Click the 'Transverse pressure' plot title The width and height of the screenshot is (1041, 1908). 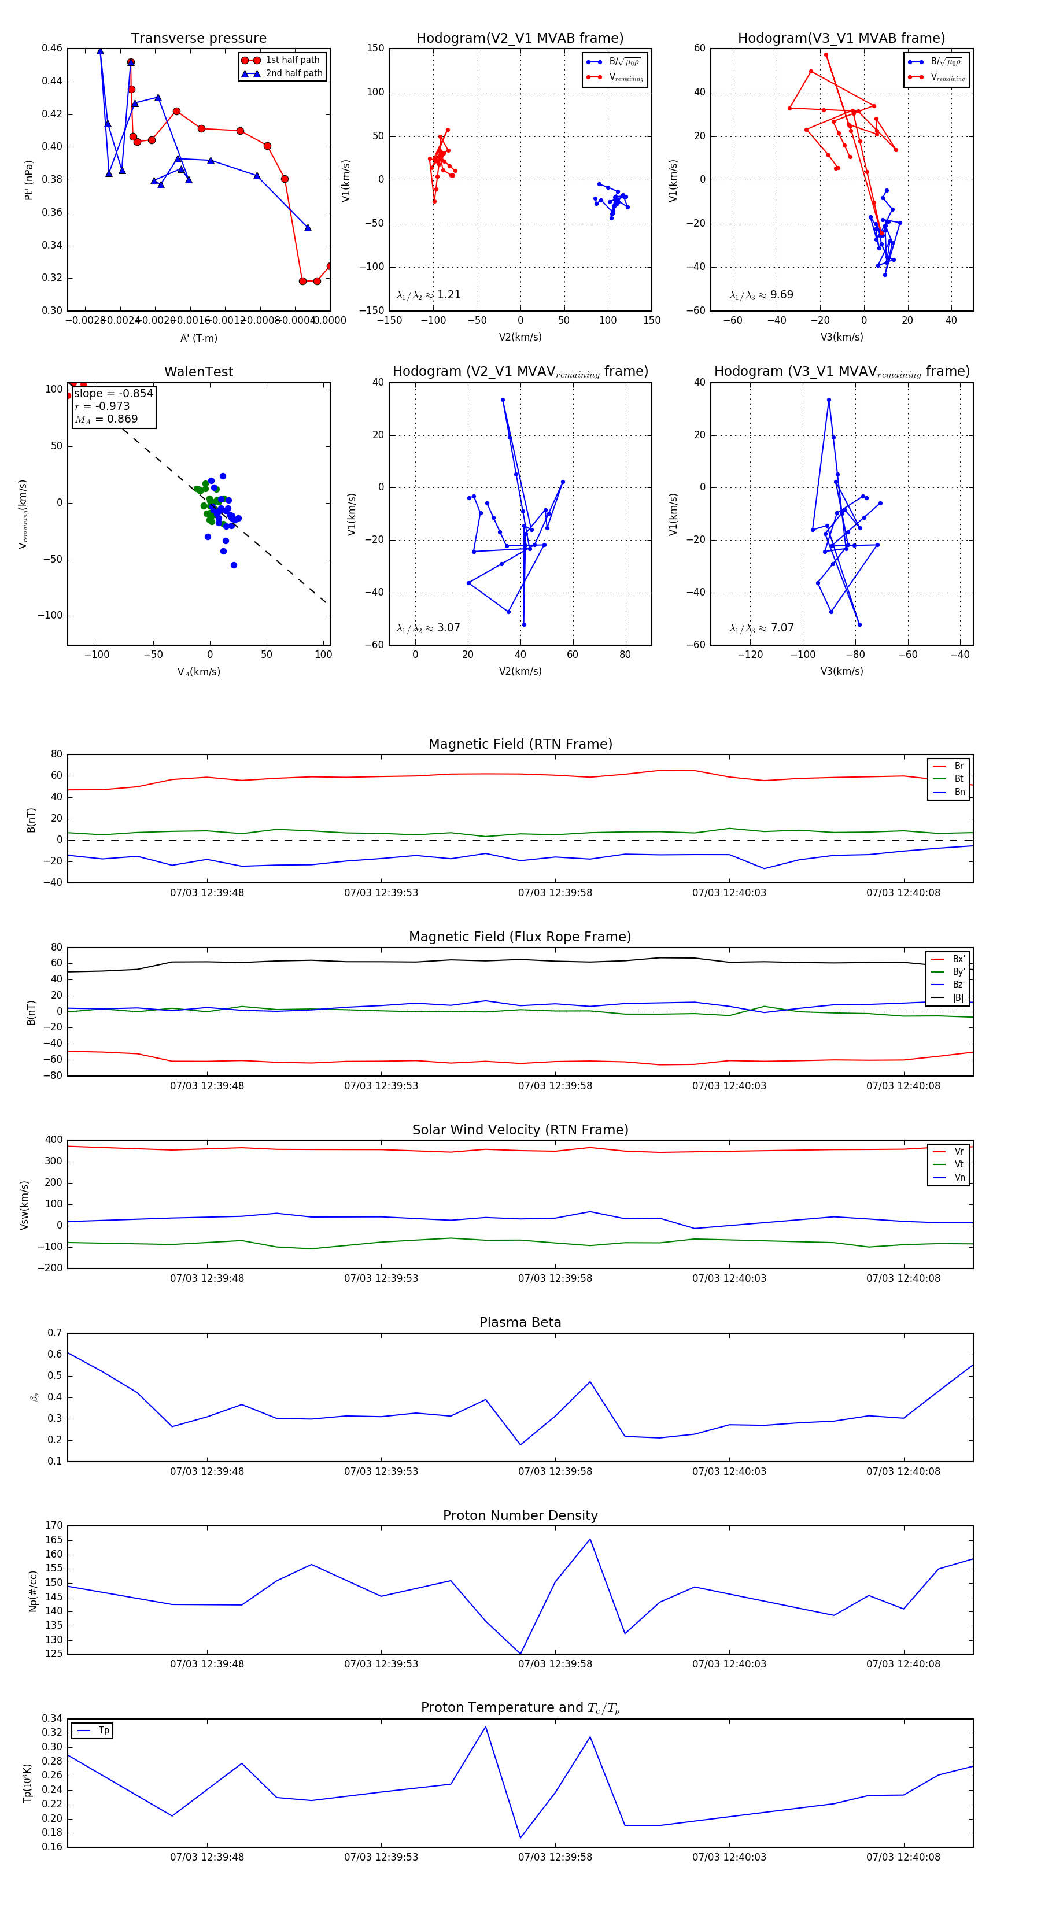(x=198, y=39)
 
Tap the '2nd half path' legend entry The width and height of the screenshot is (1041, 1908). (x=293, y=73)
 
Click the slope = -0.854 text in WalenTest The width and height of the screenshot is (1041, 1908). (x=113, y=393)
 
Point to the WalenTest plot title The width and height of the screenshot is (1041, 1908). (x=198, y=372)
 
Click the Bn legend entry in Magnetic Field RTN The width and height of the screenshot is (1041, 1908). (x=959, y=792)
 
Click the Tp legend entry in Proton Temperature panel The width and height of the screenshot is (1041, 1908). (x=103, y=1730)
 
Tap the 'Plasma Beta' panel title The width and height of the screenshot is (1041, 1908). (x=520, y=1322)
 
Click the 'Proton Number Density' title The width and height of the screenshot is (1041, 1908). (x=520, y=1515)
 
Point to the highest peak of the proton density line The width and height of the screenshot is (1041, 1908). (x=590, y=1539)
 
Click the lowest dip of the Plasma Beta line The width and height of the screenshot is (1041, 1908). (x=520, y=1444)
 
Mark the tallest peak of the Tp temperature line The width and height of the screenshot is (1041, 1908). (x=485, y=1726)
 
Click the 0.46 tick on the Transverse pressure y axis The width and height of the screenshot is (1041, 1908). (x=52, y=48)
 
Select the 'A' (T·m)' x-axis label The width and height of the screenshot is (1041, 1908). (x=198, y=338)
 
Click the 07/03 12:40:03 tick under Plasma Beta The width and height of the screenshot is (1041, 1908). (x=729, y=1471)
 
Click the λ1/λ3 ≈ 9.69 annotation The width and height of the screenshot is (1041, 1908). (x=761, y=295)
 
